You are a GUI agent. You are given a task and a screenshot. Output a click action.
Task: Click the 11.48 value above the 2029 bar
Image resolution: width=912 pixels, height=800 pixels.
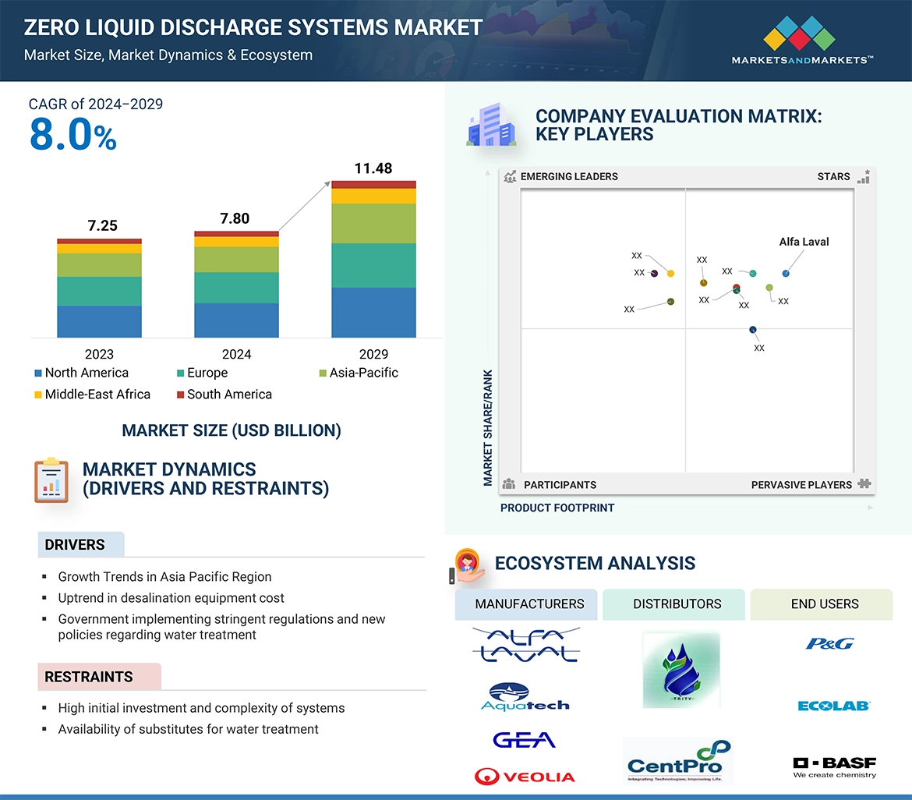pos(373,168)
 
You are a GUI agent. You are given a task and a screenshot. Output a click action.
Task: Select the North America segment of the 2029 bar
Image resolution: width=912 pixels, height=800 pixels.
pos(373,312)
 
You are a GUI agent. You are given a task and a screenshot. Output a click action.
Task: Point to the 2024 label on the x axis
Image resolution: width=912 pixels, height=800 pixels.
pos(236,354)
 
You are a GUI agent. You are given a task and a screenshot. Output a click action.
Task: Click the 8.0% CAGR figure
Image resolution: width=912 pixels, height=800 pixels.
pos(72,135)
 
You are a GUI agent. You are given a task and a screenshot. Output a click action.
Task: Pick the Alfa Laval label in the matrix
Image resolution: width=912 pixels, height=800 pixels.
pos(804,242)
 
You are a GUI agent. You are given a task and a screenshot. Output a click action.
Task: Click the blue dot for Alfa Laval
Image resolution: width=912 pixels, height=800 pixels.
pos(786,273)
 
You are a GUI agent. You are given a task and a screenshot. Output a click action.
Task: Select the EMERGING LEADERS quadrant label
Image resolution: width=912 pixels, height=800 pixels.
pos(568,176)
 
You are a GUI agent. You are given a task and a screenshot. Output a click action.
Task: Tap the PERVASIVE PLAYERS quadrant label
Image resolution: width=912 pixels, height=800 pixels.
pos(801,485)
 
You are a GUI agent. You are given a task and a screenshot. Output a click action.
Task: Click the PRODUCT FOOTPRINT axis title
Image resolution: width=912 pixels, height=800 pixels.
pos(557,508)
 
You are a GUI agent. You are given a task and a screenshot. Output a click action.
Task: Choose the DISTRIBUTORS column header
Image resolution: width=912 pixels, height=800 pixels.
pos(677,604)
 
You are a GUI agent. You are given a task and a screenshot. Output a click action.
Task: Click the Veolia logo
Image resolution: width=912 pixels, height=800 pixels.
pos(525,777)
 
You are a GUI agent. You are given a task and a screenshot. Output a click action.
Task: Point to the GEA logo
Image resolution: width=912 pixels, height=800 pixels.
pos(524,739)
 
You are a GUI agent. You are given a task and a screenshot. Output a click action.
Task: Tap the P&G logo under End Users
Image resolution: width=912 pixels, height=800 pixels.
pos(829,643)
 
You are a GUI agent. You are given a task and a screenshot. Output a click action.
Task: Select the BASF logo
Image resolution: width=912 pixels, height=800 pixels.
pos(834,767)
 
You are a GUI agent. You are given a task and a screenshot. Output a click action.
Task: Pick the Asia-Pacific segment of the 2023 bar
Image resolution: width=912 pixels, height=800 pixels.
pos(99,265)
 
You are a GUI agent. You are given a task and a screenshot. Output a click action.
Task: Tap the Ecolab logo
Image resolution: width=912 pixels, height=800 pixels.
pos(833,706)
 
